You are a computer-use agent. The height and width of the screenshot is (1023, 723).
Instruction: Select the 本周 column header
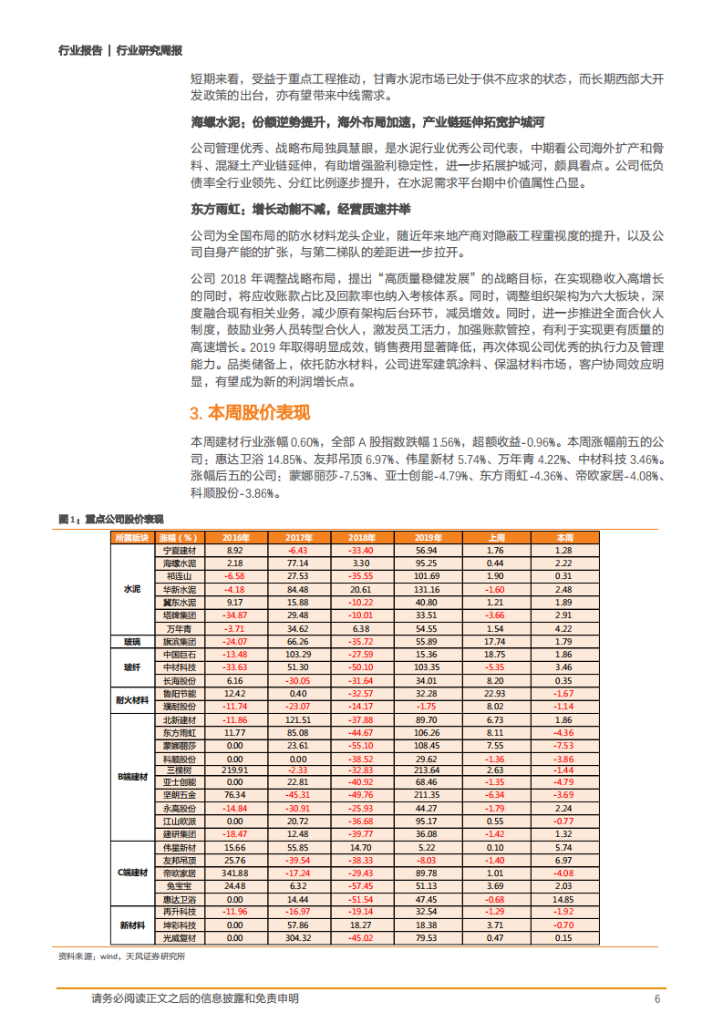pyautogui.click(x=564, y=538)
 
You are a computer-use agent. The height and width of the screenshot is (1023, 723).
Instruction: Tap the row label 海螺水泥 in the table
pyautogui.click(x=180, y=563)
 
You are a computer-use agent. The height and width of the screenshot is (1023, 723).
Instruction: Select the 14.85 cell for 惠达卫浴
pyautogui.click(x=564, y=898)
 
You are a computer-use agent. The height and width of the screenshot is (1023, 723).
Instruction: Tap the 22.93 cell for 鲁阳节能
pyautogui.click(x=495, y=693)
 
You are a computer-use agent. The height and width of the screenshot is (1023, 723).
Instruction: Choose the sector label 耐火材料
pyautogui.click(x=132, y=699)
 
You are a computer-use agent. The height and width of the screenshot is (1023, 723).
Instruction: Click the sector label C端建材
pyautogui.click(x=132, y=873)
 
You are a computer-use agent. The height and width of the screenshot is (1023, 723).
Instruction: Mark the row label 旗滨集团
pyautogui.click(x=180, y=641)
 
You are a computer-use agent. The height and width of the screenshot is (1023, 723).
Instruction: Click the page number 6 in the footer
pyautogui.click(x=656, y=998)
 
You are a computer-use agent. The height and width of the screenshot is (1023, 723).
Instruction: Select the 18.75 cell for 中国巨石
pyautogui.click(x=495, y=654)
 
